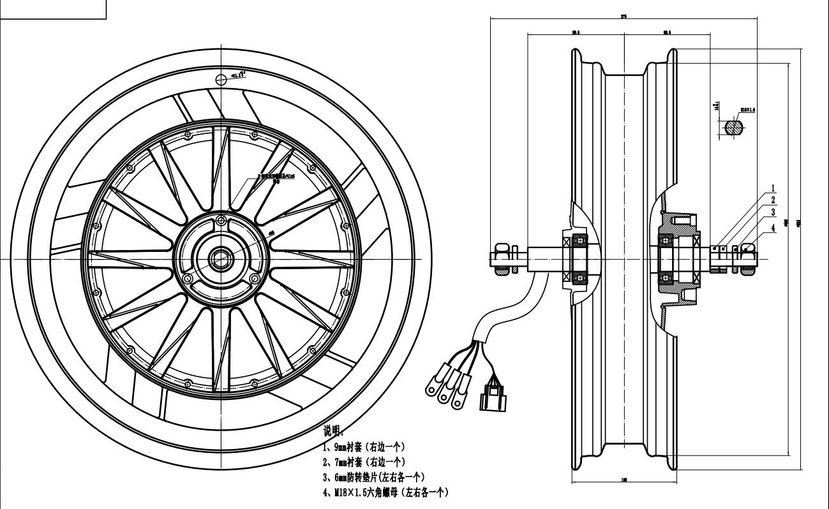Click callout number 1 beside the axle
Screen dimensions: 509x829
tap(773, 189)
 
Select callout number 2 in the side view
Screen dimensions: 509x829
tap(773, 200)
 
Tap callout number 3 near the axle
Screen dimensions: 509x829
tap(773, 212)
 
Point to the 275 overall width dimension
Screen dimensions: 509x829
tap(623, 17)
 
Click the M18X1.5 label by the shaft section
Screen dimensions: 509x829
tap(747, 110)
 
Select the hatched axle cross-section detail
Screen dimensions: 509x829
tap(733, 127)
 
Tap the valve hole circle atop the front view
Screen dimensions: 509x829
tap(221, 79)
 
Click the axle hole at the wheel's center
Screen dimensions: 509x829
tap(221, 259)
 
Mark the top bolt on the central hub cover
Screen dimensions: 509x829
tap(221, 221)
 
